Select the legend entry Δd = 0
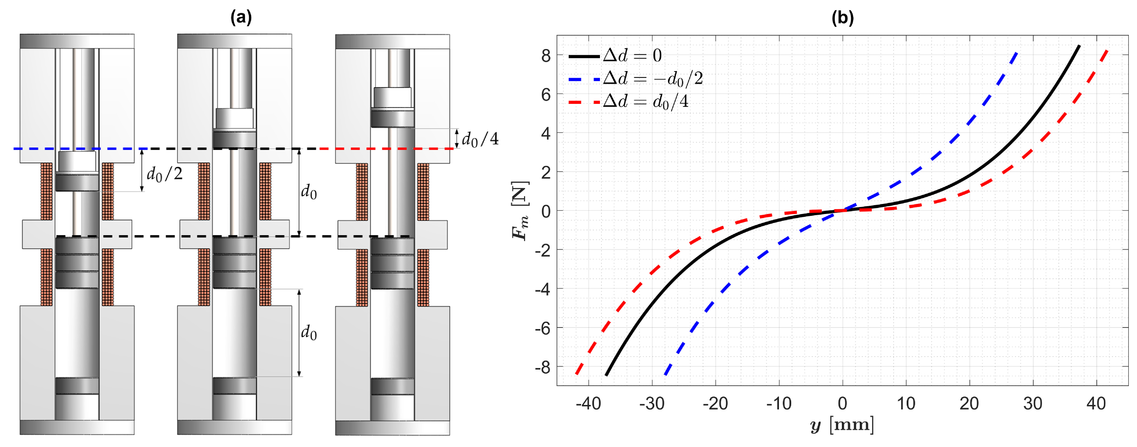point(615,55)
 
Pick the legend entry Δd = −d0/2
point(636,79)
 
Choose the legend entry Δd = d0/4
point(629,102)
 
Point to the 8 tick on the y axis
point(546,55)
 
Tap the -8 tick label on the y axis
point(543,367)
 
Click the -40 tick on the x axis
point(588,403)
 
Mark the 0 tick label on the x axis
point(843,403)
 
